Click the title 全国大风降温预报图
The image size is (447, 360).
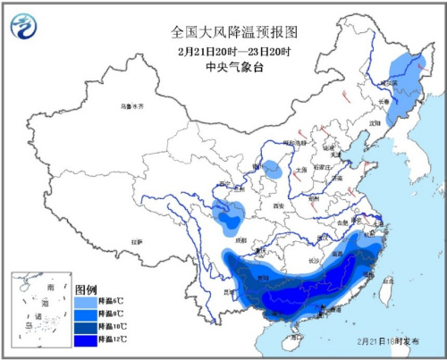point(233,31)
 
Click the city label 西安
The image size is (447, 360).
point(266,206)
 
